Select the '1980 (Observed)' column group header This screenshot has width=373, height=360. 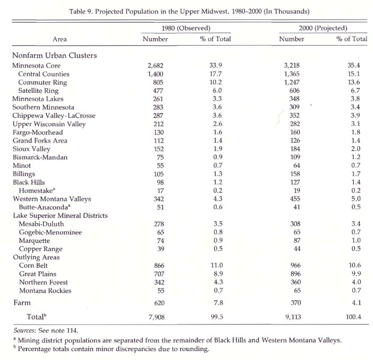point(186,28)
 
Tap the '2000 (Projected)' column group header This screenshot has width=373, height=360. point(323,28)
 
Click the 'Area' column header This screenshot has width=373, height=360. point(59,39)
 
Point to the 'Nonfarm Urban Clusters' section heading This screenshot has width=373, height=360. point(55,55)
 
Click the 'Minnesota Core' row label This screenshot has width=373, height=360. point(37,65)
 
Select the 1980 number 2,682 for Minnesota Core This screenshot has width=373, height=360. point(155,65)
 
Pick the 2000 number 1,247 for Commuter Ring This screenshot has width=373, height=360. point(291,82)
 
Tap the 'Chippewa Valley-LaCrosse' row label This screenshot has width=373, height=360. point(54,116)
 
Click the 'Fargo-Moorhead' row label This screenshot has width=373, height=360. point(38,132)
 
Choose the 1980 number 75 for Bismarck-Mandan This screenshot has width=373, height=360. point(160,157)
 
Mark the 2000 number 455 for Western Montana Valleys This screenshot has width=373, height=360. point(295,199)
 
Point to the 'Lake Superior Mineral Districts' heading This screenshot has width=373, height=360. point(60,215)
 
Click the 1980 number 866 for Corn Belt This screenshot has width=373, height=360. point(159,266)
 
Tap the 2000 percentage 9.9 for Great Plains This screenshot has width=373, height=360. point(356,274)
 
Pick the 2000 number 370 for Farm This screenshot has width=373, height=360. point(296,303)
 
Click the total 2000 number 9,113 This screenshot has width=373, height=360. point(293,317)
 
